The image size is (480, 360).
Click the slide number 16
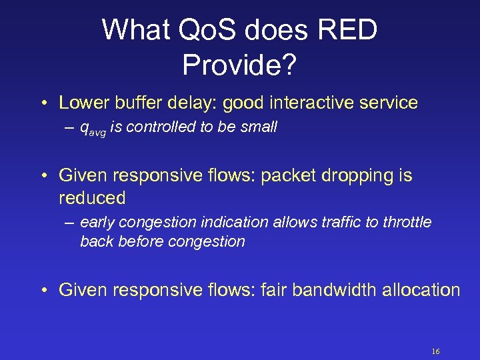tap(436, 351)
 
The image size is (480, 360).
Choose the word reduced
tap(92, 198)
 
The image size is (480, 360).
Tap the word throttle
tap(407, 222)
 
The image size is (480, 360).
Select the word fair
tap(274, 290)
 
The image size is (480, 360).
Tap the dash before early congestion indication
tap(71, 222)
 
